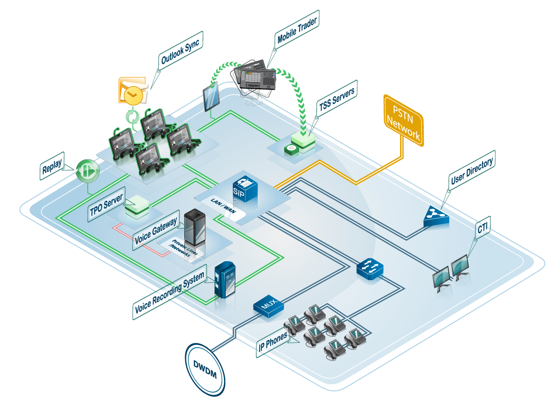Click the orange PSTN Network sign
(x=404, y=120)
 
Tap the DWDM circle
(x=205, y=369)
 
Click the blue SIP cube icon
(x=245, y=188)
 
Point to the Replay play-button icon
(x=88, y=171)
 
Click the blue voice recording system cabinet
(x=225, y=281)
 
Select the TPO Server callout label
(x=106, y=204)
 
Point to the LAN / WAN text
(x=223, y=205)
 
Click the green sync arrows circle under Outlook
(x=132, y=116)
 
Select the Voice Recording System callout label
(x=169, y=292)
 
